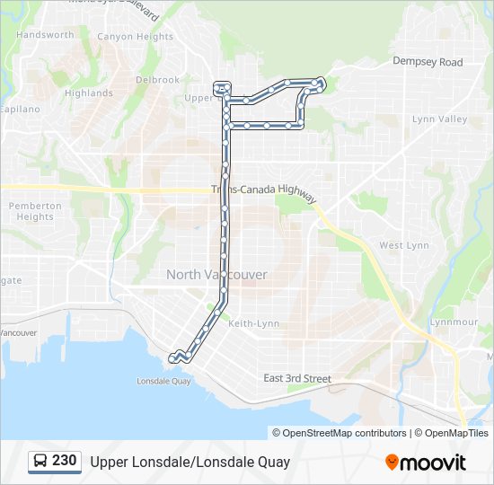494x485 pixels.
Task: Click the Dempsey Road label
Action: coord(428,62)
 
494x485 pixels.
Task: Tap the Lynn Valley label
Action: coord(439,119)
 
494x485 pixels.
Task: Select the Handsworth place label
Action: coord(45,35)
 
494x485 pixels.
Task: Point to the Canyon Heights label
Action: coord(135,37)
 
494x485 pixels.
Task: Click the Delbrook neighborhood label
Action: coord(157,80)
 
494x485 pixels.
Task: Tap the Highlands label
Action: coord(89,93)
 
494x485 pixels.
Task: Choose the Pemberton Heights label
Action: coord(35,211)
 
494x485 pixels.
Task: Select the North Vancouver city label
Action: coord(216,274)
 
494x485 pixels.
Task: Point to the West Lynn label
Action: coord(403,245)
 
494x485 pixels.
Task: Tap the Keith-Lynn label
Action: coord(254,323)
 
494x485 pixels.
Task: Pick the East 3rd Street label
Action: coord(297,379)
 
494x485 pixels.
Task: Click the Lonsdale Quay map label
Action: coord(163,381)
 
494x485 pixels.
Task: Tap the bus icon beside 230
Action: coord(40,462)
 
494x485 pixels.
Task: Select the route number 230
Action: coord(65,461)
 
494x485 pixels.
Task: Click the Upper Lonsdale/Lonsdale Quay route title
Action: coord(190,463)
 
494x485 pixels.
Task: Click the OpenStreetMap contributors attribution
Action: coord(345,433)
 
